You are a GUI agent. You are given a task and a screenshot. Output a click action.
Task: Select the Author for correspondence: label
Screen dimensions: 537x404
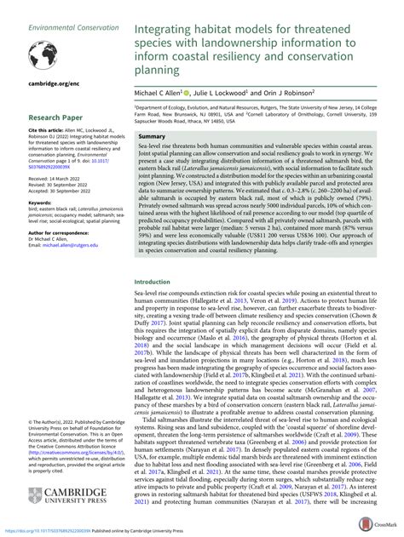point(50,239)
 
